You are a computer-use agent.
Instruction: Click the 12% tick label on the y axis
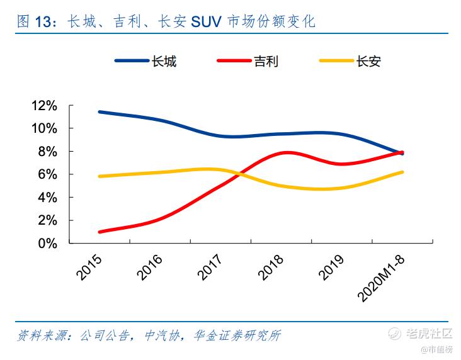coord(43,105)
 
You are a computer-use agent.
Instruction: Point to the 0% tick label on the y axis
coord(47,243)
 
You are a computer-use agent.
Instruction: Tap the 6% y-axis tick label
coord(47,174)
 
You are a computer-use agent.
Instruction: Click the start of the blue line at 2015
coord(100,112)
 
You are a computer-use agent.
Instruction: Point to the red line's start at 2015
coord(100,232)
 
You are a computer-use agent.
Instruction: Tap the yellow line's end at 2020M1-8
coord(402,172)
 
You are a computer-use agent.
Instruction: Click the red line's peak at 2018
coord(287,152)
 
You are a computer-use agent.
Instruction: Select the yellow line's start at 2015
coord(100,176)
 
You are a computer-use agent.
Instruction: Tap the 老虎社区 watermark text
coord(430,334)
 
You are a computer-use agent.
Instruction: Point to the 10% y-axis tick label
coord(43,128)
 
